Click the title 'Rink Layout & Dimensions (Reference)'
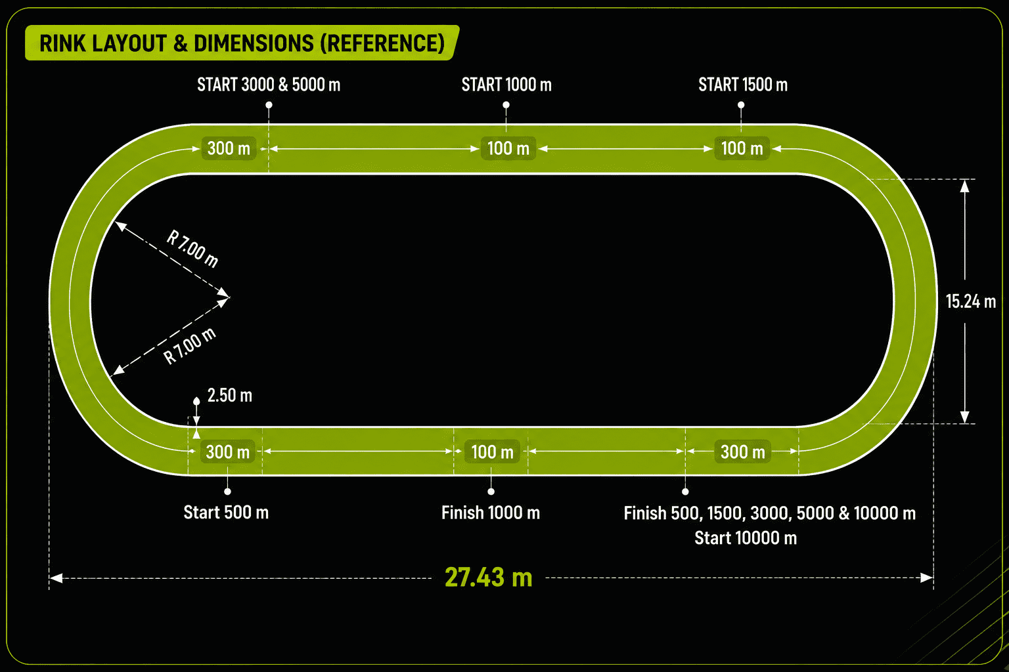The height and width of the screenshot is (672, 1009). point(242,43)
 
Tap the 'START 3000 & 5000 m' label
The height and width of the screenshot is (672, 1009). point(269,85)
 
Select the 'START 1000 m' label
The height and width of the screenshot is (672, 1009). point(506,85)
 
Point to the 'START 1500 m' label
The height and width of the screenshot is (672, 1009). point(743,85)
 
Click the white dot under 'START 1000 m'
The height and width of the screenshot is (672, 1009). point(506,105)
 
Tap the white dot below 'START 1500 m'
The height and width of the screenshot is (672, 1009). point(741,105)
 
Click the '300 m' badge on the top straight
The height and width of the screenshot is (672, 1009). point(229,148)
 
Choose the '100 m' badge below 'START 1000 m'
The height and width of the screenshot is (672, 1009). point(508,148)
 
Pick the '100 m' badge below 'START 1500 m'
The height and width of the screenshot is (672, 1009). point(742,148)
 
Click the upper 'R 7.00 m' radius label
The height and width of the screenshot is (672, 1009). point(192,249)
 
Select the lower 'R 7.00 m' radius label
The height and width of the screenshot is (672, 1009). point(190,346)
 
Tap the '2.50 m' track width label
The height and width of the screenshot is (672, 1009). point(230,395)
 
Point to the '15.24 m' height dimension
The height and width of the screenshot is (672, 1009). point(971,301)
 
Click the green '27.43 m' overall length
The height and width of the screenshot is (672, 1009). point(488,577)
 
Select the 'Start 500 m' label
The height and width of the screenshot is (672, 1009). point(226,513)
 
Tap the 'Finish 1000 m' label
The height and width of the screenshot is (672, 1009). point(491,513)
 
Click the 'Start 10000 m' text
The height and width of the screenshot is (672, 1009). point(746,538)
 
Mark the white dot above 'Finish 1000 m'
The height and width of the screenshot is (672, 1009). point(491,492)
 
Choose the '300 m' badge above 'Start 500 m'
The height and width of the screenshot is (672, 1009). point(227,451)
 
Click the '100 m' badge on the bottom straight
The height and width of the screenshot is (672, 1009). point(492,451)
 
